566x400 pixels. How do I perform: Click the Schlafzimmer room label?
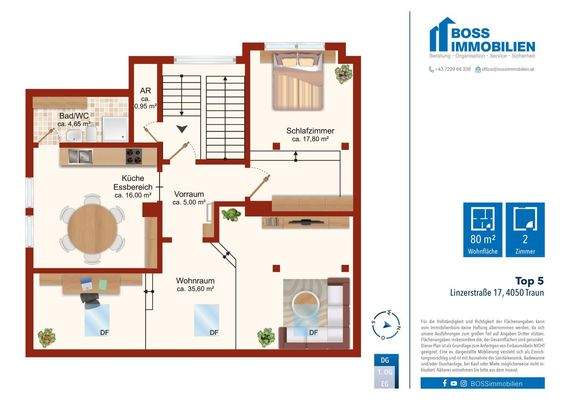coord(309,135)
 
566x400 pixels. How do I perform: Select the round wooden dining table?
coord(92,228)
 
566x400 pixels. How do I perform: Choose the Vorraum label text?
coord(189,197)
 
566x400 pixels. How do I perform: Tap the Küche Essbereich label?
coord(133,186)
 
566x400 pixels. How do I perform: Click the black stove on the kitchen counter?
coord(132,157)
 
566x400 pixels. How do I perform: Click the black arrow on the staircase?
coord(182,128)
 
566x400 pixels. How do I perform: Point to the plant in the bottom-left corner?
coord(46,338)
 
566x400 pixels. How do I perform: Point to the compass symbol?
coord(383,324)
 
